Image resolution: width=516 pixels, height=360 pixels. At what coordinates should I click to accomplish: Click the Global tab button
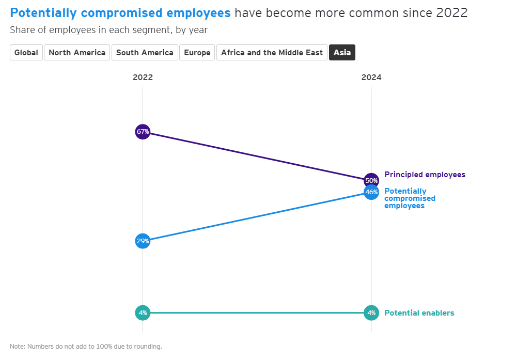pos(26,53)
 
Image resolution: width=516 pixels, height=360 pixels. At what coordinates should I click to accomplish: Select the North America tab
pos(77,53)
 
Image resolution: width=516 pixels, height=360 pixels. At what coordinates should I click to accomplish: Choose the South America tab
pos(145,53)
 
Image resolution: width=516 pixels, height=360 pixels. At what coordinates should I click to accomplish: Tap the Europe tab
pos(197,53)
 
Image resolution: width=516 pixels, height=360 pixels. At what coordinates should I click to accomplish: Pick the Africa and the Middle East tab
pos(272,53)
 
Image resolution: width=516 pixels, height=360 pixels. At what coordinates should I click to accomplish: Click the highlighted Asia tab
pos(342,53)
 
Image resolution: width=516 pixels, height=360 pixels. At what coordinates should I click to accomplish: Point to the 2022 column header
pos(143,77)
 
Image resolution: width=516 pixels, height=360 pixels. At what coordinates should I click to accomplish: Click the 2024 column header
pos(371,77)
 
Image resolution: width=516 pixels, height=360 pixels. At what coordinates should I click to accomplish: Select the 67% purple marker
pos(143,132)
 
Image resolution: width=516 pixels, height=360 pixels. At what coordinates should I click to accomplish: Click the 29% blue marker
pos(143,241)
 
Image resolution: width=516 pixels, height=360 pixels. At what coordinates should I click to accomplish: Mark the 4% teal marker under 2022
pos(143,312)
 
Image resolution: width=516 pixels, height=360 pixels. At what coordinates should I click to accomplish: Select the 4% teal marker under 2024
pos(371,312)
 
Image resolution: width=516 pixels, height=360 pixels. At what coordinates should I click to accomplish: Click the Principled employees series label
pos(425,175)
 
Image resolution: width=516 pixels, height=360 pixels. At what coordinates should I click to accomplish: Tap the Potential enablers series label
pos(419,313)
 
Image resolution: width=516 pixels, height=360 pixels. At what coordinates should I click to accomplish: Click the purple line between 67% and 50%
pos(257,156)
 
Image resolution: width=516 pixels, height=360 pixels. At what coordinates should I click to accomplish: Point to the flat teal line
pos(257,312)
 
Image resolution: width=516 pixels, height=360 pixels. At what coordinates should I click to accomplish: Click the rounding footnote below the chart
pos(86,346)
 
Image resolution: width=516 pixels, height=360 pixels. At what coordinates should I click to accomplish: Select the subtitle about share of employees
pos(108,30)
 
